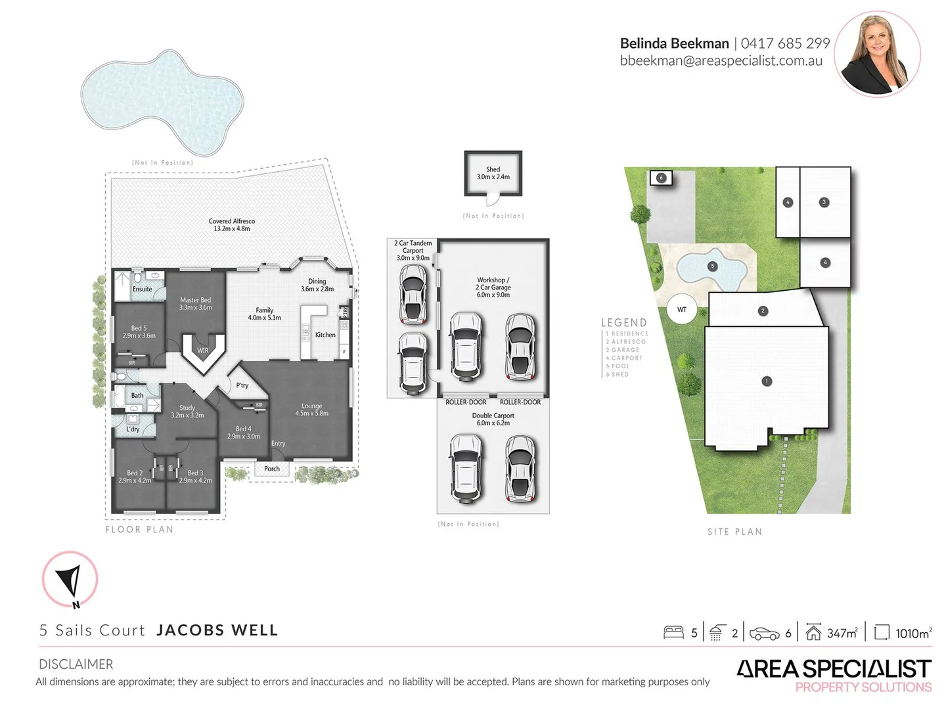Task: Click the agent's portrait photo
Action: (x=878, y=54)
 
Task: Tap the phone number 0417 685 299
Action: (x=785, y=43)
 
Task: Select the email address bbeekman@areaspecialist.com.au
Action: (x=721, y=61)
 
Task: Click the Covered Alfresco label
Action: (x=232, y=225)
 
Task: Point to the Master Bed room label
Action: (x=196, y=303)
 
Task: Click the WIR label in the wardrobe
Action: (x=203, y=351)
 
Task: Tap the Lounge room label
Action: (x=312, y=410)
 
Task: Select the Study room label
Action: (x=187, y=412)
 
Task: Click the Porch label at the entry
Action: (x=272, y=469)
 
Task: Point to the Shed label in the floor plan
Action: (x=493, y=173)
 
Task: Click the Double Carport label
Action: (x=493, y=419)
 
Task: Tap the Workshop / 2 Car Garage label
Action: (x=493, y=287)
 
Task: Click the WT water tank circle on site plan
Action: (x=682, y=309)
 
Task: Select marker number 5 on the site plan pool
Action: (x=712, y=267)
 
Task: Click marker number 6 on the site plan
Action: (x=662, y=177)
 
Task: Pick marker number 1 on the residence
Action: (x=766, y=381)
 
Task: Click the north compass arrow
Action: (x=70, y=580)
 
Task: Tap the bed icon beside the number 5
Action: (x=673, y=632)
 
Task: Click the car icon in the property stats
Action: (x=764, y=633)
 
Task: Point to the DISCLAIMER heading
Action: (x=76, y=664)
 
